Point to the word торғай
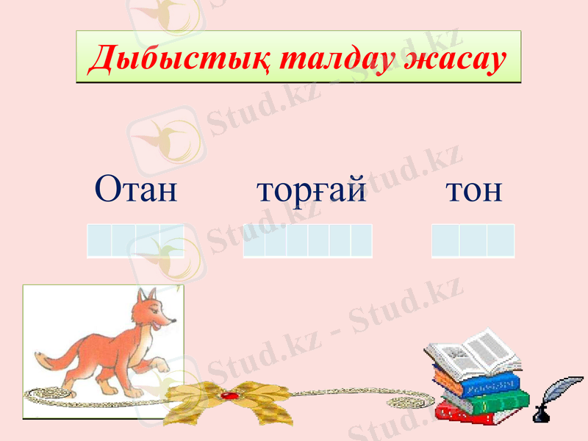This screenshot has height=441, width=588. click(312, 190)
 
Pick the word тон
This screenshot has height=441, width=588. click(474, 190)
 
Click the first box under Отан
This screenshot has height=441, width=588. click(99, 241)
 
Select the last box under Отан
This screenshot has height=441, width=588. click(172, 241)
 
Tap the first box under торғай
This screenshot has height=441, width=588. click(254, 241)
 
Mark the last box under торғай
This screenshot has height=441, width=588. click(362, 241)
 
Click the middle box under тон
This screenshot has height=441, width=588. click(473, 241)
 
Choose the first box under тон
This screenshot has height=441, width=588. click(445, 241)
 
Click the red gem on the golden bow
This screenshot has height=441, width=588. click(229, 396)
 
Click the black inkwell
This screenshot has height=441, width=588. click(540, 413)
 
